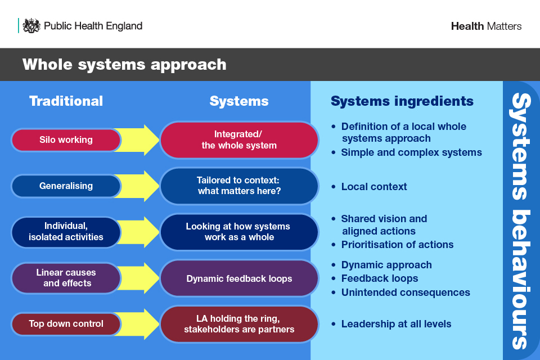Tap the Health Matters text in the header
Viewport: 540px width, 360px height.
(486, 26)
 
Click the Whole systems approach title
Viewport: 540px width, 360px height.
(124, 64)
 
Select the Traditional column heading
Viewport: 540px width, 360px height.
(66, 101)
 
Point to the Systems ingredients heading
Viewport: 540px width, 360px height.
(402, 101)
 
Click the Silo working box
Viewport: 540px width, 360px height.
(66, 139)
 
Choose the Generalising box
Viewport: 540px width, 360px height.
(66, 186)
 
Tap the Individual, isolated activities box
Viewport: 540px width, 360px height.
(66, 232)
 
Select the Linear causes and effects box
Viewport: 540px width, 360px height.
(66, 277)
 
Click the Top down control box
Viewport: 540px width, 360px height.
(66, 323)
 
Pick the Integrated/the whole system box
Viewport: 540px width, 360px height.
(239, 139)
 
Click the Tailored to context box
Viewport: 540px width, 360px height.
(239, 186)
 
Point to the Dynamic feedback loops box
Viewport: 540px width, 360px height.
(239, 278)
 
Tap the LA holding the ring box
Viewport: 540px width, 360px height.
(239, 323)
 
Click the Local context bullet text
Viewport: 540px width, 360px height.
(373, 186)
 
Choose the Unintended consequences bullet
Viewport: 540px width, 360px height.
(405, 292)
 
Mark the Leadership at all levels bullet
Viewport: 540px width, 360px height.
(396, 323)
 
